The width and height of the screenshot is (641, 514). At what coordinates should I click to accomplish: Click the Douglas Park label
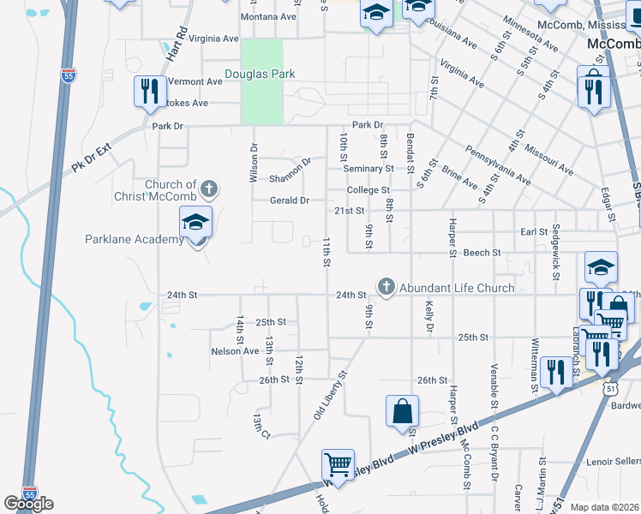[x=260, y=75]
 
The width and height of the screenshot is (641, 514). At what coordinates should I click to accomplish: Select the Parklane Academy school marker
[x=196, y=225]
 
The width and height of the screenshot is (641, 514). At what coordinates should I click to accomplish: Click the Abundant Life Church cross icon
[x=386, y=287]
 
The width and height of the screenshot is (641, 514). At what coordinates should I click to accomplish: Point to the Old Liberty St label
[x=330, y=393]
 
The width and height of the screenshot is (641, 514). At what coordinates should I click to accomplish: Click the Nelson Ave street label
[x=235, y=351]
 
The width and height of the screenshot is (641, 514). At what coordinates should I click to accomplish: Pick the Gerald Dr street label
[x=289, y=200]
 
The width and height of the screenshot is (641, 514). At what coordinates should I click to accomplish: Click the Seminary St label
[x=368, y=169]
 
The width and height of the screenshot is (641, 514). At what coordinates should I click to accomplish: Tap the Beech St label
[x=482, y=253]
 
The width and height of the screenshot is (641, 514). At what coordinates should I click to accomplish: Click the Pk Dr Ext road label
[x=93, y=160]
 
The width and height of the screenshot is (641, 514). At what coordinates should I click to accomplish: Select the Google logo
[x=28, y=504]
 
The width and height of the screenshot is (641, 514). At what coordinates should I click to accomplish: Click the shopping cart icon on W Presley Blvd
[x=338, y=465]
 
